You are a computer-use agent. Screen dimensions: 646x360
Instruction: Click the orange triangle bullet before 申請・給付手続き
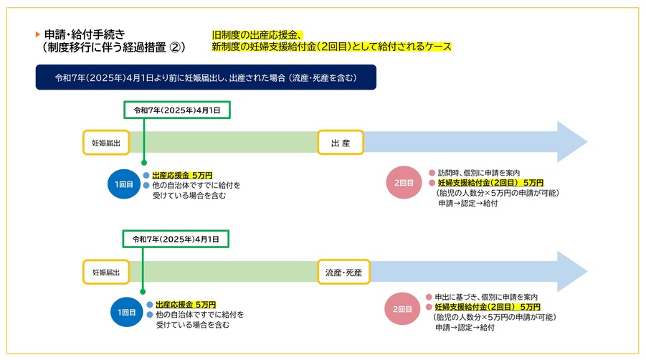(38, 34)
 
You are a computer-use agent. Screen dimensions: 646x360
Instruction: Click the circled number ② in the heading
(176, 47)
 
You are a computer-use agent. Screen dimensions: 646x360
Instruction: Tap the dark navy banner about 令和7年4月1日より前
(206, 77)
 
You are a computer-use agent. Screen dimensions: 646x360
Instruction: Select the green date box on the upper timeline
(177, 110)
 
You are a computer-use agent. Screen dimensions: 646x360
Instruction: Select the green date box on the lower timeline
(176, 239)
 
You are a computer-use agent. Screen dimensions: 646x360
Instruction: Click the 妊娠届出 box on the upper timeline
(106, 143)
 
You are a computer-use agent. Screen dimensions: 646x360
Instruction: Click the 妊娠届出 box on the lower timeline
(106, 272)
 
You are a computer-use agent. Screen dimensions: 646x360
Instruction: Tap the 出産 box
(341, 143)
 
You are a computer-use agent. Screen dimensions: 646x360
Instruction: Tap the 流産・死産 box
(343, 272)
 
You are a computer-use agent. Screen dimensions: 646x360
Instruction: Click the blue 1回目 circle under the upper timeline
(124, 184)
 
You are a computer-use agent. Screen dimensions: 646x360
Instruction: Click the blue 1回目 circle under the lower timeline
(127, 312)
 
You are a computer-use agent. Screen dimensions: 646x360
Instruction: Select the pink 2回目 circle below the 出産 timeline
(404, 182)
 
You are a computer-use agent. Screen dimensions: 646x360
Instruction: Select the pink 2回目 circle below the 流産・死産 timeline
(402, 309)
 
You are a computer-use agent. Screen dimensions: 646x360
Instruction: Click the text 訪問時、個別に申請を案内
(479, 173)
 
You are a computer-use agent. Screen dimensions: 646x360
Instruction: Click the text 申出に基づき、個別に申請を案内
(486, 297)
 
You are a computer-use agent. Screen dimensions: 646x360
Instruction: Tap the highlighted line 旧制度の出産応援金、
(258, 35)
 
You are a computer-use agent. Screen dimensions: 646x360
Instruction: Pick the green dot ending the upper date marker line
(144, 163)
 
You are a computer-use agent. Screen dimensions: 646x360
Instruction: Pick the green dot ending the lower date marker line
(143, 292)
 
